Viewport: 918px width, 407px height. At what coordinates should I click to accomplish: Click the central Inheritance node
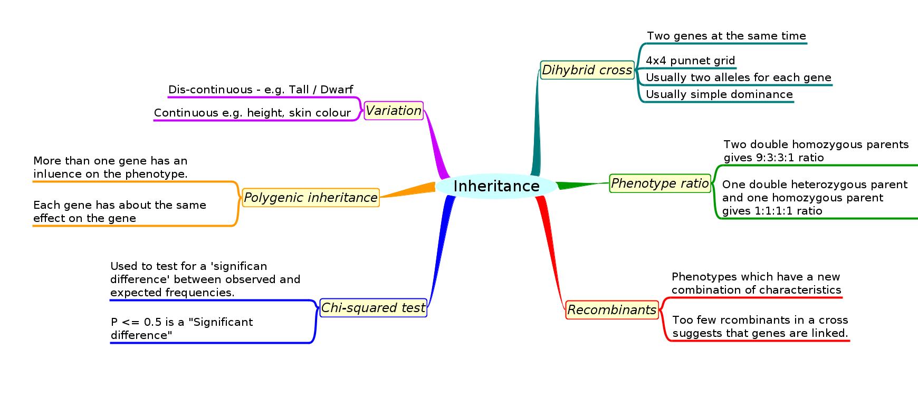tap(496, 186)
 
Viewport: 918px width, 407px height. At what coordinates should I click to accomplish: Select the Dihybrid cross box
tap(587, 70)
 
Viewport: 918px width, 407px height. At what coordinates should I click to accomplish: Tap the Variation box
tap(394, 111)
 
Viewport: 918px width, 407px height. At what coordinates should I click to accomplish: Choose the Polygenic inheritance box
tap(311, 198)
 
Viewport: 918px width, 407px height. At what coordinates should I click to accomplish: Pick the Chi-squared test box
tap(373, 308)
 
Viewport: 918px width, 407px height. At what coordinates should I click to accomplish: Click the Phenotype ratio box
tap(659, 183)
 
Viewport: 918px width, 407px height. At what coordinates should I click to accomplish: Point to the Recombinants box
tap(611, 310)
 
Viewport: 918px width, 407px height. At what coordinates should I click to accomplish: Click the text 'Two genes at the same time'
tap(726, 36)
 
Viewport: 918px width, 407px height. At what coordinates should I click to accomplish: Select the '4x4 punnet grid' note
tap(690, 61)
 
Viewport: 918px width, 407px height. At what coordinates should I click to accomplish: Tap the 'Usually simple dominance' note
tap(719, 94)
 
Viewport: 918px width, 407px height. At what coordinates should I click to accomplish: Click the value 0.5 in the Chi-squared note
tap(154, 322)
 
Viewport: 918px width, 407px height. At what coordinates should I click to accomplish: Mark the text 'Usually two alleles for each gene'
tap(738, 77)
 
